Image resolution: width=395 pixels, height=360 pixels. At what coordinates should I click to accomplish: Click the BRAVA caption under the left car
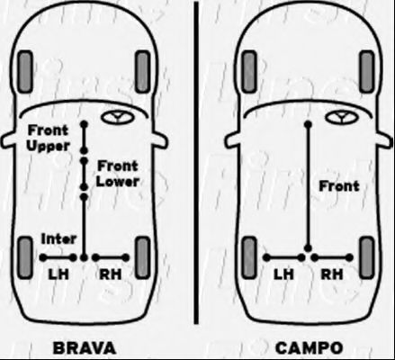85,348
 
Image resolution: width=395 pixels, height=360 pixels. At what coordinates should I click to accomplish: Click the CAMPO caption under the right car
309,348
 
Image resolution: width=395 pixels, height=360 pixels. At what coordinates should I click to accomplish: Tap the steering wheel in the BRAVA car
117,117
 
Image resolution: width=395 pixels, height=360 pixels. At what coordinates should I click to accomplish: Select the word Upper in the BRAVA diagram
48,147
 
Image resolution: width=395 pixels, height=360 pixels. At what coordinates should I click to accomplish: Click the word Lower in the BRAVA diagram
118,182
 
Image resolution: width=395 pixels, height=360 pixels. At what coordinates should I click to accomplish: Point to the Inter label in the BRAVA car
58,239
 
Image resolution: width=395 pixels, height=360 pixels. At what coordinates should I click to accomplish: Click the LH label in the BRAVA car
58,274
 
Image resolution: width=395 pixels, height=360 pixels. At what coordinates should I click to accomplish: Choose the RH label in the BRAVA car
111,274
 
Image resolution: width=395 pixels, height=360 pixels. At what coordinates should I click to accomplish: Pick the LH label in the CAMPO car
283,274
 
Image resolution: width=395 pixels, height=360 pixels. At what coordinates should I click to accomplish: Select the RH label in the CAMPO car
332,274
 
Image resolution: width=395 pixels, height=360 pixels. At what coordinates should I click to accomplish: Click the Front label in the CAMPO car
339,186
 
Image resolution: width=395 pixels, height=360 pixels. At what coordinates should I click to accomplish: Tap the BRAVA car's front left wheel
25,72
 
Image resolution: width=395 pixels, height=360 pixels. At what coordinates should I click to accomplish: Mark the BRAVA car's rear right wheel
142,257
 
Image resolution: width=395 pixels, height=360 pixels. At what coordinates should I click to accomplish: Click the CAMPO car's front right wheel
367,72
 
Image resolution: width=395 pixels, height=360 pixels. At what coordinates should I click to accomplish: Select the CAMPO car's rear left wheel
249,257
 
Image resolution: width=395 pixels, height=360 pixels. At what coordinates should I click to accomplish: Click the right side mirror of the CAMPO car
385,140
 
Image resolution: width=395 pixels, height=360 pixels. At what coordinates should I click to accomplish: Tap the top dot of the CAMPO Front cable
308,124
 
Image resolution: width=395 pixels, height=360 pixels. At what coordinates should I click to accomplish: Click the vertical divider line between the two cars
196,163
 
